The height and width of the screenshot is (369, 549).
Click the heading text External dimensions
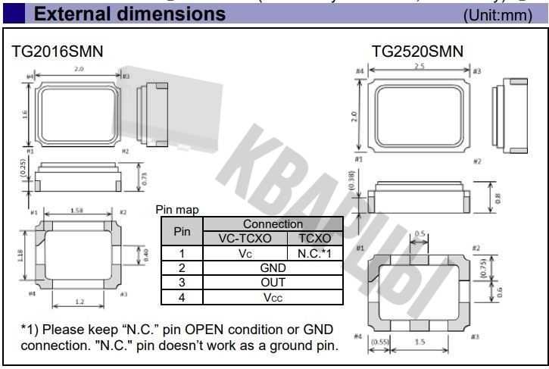[x=129, y=14]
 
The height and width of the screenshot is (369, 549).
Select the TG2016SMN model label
[x=58, y=51]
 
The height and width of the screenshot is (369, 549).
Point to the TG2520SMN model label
[x=416, y=51]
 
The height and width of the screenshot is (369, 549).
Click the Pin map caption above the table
[x=176, y=210]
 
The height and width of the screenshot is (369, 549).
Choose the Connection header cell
[x=273, y=224]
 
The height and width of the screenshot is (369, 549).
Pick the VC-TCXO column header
[x=245, y=238]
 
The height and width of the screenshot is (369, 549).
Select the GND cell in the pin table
[x=273, y=267]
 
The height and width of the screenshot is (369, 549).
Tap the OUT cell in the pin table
[x=273, y=283]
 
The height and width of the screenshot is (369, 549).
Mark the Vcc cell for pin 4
[x=273, y=298]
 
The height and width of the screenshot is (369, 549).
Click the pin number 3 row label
[x=182, y=283]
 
